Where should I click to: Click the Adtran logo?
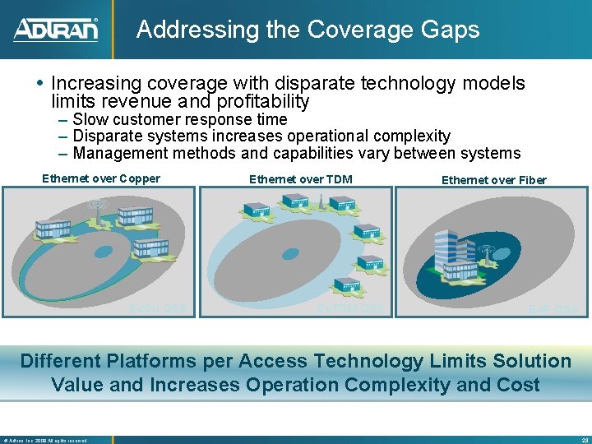coord(55,30)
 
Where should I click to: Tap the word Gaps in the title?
coord(451,30)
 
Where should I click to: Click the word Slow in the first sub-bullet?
coord(90,119)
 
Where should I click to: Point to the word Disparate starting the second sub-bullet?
coord(106,136)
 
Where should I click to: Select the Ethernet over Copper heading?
coord(101,178)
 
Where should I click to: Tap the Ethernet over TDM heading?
coord(300,178)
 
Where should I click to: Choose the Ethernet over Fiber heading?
coord(493,180)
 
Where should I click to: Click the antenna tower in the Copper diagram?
coord(98,210)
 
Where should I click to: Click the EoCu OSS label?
coord(158,309)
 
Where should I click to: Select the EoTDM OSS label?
coord(350,309)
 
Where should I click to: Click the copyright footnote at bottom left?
coord(45,440)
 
